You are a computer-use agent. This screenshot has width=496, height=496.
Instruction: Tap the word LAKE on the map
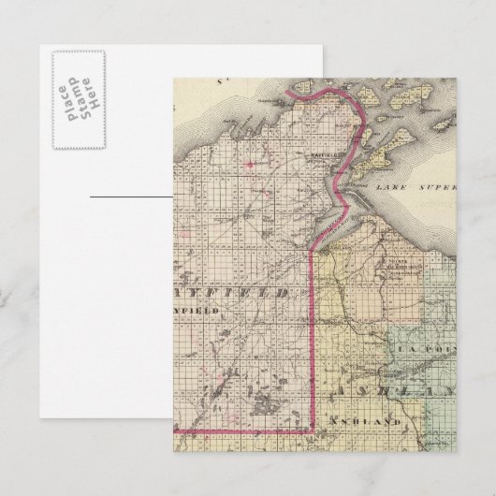coord(387,187)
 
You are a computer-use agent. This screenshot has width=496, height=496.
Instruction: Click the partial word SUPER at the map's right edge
coord(438,187)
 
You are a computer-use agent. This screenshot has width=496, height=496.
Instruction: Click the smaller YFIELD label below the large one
coord(198,309)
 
